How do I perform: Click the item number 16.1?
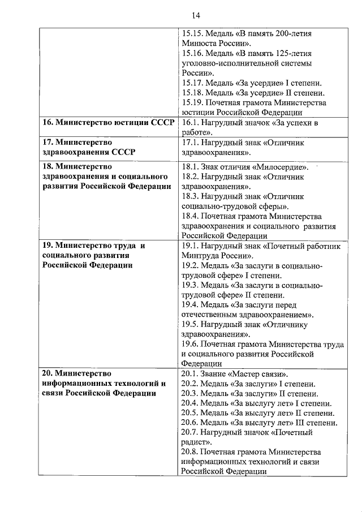click(x=191, y=123)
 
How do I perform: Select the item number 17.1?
click(x=191, y=143)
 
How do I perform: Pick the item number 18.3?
click(x=191, y=196)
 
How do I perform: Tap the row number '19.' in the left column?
click(x=49, y=246)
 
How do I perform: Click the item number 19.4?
click(x=191, y=305)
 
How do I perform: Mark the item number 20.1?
click(x=191, y=374)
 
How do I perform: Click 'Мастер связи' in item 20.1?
click(x=258, y=374)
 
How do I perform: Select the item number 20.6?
click(x=191, y=423)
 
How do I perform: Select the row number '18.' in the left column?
click(x=49, y=167)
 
